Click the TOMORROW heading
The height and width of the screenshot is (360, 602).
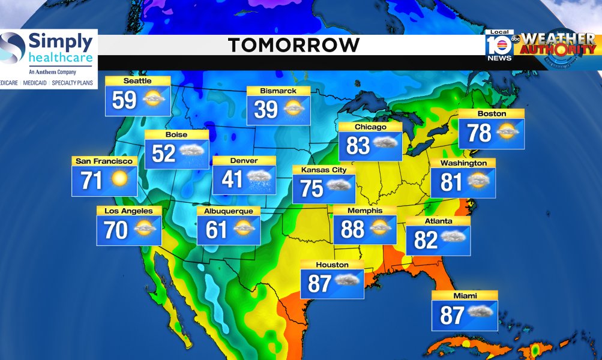tap(293, 45)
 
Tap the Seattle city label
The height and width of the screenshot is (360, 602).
tap(137, 81)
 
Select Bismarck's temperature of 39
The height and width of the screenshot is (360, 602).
tap(265, 110)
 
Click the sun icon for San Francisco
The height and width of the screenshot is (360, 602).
tap(119, 179)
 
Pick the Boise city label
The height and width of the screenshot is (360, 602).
tap(176, 135)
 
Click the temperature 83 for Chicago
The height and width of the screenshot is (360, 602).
tap(358, 145)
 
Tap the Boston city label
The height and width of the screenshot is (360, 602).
tap(492, 114)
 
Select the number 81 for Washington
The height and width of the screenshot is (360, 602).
tap(451, 182)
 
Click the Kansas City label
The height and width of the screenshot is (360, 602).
tap(324, 170)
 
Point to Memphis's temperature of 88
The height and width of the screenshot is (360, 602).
tap(353, 229)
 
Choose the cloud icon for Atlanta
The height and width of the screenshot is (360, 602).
tap(454, 238)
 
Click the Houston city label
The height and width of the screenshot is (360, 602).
tap(332, 265)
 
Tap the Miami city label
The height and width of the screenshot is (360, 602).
tap(465, 296)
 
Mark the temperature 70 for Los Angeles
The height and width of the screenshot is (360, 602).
tap(116, 230)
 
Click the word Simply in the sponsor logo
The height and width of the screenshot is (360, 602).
tap(61, 43)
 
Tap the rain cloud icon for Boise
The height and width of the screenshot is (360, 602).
tap(192, 153)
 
